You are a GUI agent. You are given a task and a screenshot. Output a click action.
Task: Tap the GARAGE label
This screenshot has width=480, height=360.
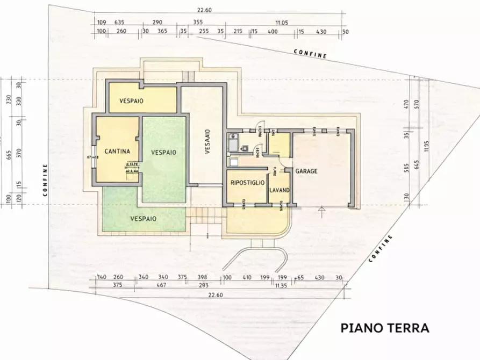(x=306, y=171)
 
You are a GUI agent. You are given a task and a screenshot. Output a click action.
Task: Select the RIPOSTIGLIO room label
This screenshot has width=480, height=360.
(x=247, y=183)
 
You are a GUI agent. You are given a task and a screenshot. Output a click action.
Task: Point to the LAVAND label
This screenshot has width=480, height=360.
(x=280, y=190)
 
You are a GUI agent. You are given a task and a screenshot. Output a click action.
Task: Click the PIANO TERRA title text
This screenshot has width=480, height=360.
(x=385, y=328)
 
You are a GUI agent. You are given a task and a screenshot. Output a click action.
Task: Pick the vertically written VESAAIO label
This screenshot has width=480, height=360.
(x=207, y=142)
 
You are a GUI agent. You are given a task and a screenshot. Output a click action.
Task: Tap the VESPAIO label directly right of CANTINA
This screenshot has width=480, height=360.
(x=163, y=153)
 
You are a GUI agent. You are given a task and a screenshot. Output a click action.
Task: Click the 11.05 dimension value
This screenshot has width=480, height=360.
(x=282, y=23)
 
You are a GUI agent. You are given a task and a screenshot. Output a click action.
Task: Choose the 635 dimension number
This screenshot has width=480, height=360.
(x=119, y=23)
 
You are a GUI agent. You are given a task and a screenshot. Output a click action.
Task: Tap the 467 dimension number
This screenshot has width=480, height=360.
(x=161, y=286)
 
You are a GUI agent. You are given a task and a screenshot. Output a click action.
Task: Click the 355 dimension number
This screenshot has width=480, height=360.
(x=198, y=23)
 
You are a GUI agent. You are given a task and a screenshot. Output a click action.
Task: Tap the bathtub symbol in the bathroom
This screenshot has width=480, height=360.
(x=232, y=143)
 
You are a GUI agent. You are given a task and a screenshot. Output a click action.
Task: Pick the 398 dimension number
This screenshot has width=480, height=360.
(x=202, y=277)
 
